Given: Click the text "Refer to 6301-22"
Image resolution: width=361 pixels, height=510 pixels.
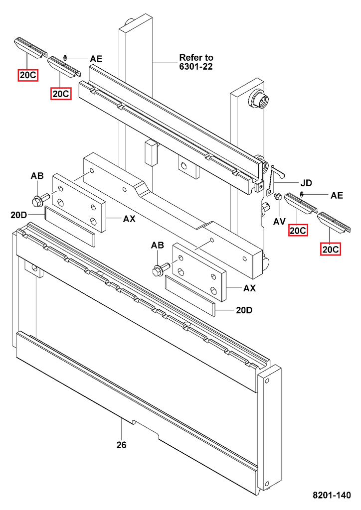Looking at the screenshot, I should click(196, 62).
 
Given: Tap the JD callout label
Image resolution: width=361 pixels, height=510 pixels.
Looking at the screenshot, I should click(306, 182).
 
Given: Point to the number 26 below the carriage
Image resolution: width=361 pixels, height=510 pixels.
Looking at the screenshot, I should click(121, 445).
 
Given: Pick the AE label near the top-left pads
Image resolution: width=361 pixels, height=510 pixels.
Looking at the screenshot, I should click(96, 59).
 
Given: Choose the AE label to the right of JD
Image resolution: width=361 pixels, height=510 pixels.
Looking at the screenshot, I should click(337, 195).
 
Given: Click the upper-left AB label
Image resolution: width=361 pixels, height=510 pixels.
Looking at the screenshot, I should click(37, 176).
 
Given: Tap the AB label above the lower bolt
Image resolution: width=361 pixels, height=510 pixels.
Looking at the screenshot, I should click(158, 245).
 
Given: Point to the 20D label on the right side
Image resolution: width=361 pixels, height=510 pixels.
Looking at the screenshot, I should click(244, 310).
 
